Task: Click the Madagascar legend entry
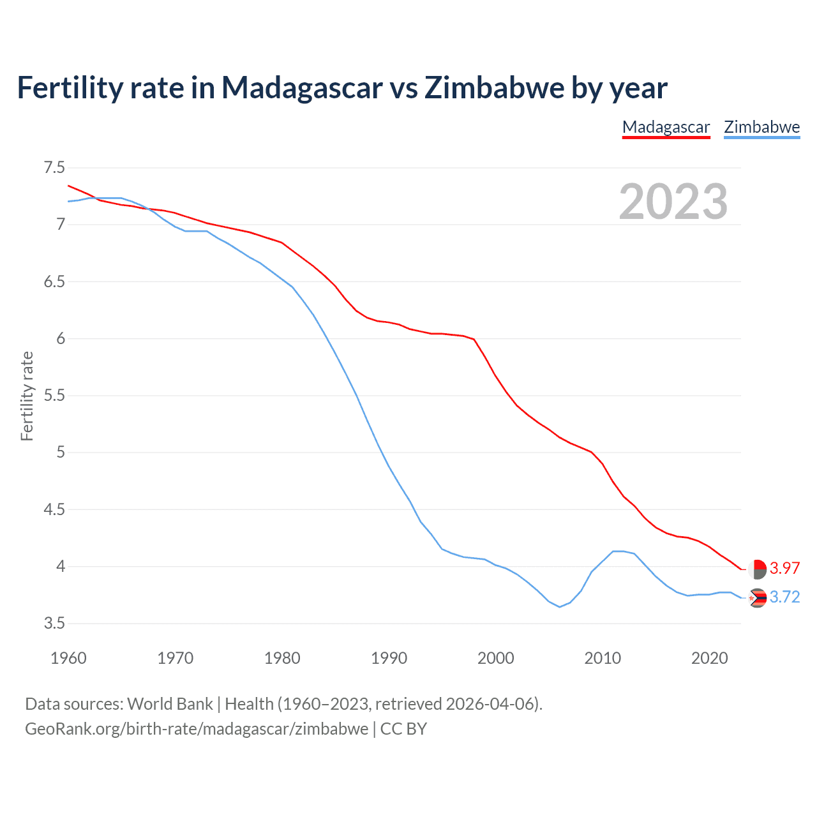(x=666, y=127)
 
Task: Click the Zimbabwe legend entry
(x=761, y=127)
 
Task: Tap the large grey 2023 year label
(x=673, y=202)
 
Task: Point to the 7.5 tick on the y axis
(x=54, y=168)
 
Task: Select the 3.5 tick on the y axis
(x=54, y=623)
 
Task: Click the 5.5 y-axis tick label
(x=54, y=396)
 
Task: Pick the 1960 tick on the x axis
(x=68, y=658)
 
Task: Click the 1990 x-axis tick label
(x=389, y=658)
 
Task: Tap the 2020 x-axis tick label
(x=709, y=658)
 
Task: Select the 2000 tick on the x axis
(x=495, y=658)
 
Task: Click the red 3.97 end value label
(x=784, y=568)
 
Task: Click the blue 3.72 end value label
(x=784, y=597)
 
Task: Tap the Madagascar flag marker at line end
(x=757, y=569)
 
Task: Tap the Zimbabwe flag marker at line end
(x=757, y=598)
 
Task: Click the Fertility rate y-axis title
(x=27, y=396)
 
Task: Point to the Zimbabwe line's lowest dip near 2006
(x=560, y=606)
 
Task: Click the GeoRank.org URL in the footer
(x=197, y=729)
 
